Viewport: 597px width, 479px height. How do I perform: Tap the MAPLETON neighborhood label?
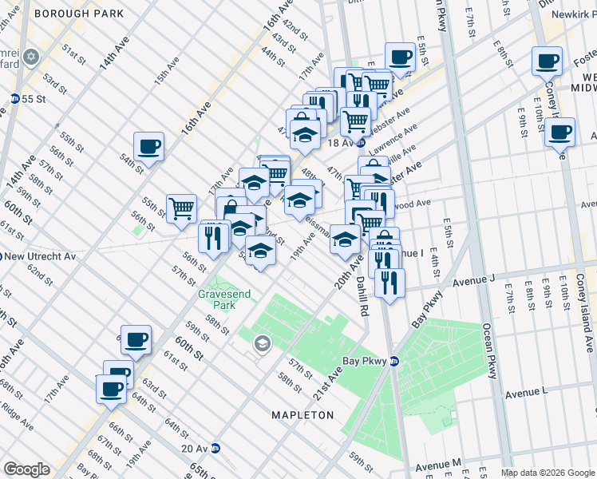click(302, 415)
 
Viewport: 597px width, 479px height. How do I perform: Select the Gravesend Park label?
click(224, 299)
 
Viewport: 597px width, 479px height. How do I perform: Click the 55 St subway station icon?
click(14, 98)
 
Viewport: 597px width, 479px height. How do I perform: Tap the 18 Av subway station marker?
click(361, 143)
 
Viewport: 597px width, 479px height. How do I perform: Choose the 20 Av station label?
click(195, 449)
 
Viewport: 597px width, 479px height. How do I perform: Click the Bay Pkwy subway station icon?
click(393, 361)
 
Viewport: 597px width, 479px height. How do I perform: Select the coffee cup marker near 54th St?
click(148, 146)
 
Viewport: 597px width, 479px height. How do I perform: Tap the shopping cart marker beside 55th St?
click(182, 208)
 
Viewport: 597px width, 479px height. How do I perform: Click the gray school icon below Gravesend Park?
click(261, 344)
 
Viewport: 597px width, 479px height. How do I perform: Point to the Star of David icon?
click(32, 57)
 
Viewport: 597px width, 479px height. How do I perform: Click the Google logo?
click(26, 469)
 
